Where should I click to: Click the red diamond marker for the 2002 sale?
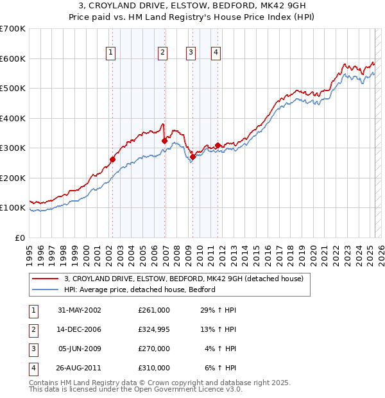pyautogui.click(x=112, y=159)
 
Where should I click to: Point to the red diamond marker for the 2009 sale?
pyautogui.click(x=193, y=157)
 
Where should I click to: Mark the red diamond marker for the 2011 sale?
pyautogui.click(x=218, y=145)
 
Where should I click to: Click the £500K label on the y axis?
pyautogui.click(x=13, y=89)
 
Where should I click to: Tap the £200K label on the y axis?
pyautogui.click(x=13, y=178)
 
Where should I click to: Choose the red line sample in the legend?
pyautogui.click(x=46, y=279)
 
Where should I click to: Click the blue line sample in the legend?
pyautogui.click(x=46, y=290)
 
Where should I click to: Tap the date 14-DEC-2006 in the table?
pyautogui.click(x=80, y=330)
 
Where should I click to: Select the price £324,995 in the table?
pyautogui.click(x=154, y=330)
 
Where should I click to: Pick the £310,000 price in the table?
pyautogui.click(x=154, y=368)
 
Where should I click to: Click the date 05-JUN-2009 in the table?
pyautogui.click(x=80, y=349)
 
